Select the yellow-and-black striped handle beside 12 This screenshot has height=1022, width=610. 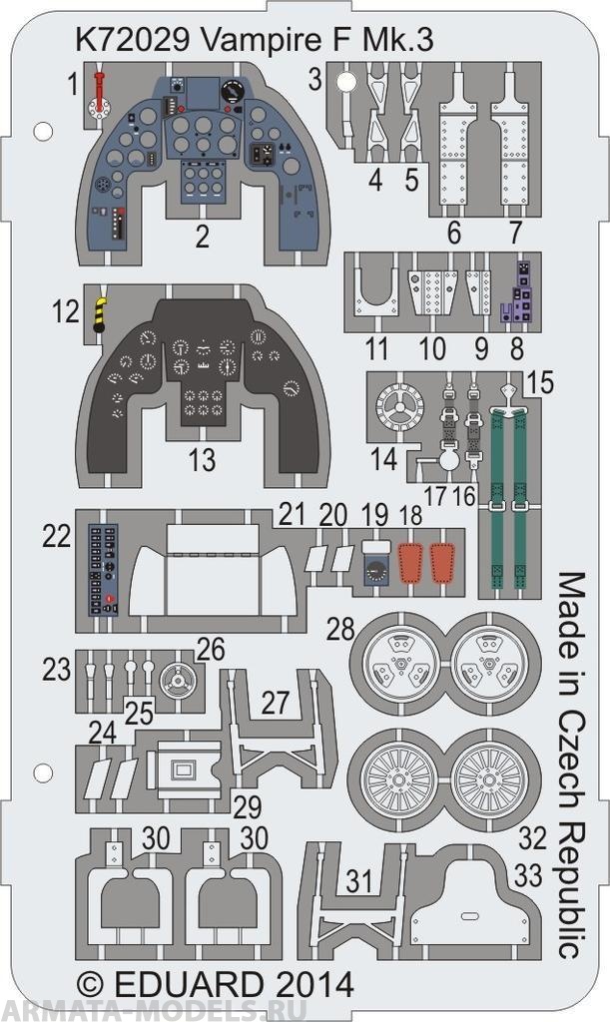coord(101,314)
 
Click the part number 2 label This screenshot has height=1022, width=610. coord(202,238)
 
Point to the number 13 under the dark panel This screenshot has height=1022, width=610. coord(202,460)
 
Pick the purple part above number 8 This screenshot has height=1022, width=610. coord(519,288)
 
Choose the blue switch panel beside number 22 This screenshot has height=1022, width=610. coord(103,566)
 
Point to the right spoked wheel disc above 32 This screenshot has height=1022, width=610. coord(489,778)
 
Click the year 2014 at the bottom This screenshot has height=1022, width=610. coord(311,984)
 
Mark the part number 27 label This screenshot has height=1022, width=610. coord(277,702)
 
